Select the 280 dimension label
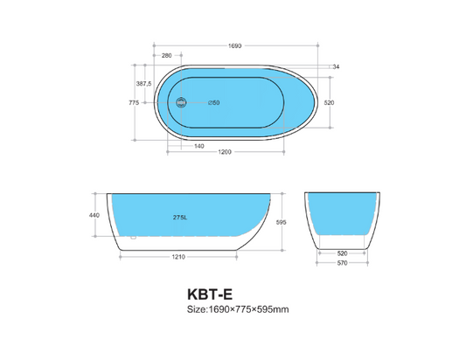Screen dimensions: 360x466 (x=166, y=56)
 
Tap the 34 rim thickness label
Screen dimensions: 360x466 (x=336, y=66)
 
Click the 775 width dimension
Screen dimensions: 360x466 (x=134, y=102)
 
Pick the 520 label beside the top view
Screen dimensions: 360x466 (x=330, y=102)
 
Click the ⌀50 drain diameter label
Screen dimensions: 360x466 (x=213, y=102)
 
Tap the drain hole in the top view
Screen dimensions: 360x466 (x=181, y=102)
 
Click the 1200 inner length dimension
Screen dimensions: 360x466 (x=225, y=154)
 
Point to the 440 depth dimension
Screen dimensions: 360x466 (x=94, y=215)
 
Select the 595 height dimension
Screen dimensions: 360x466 (x=282, y=223)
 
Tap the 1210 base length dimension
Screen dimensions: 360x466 (x=177, y=258)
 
